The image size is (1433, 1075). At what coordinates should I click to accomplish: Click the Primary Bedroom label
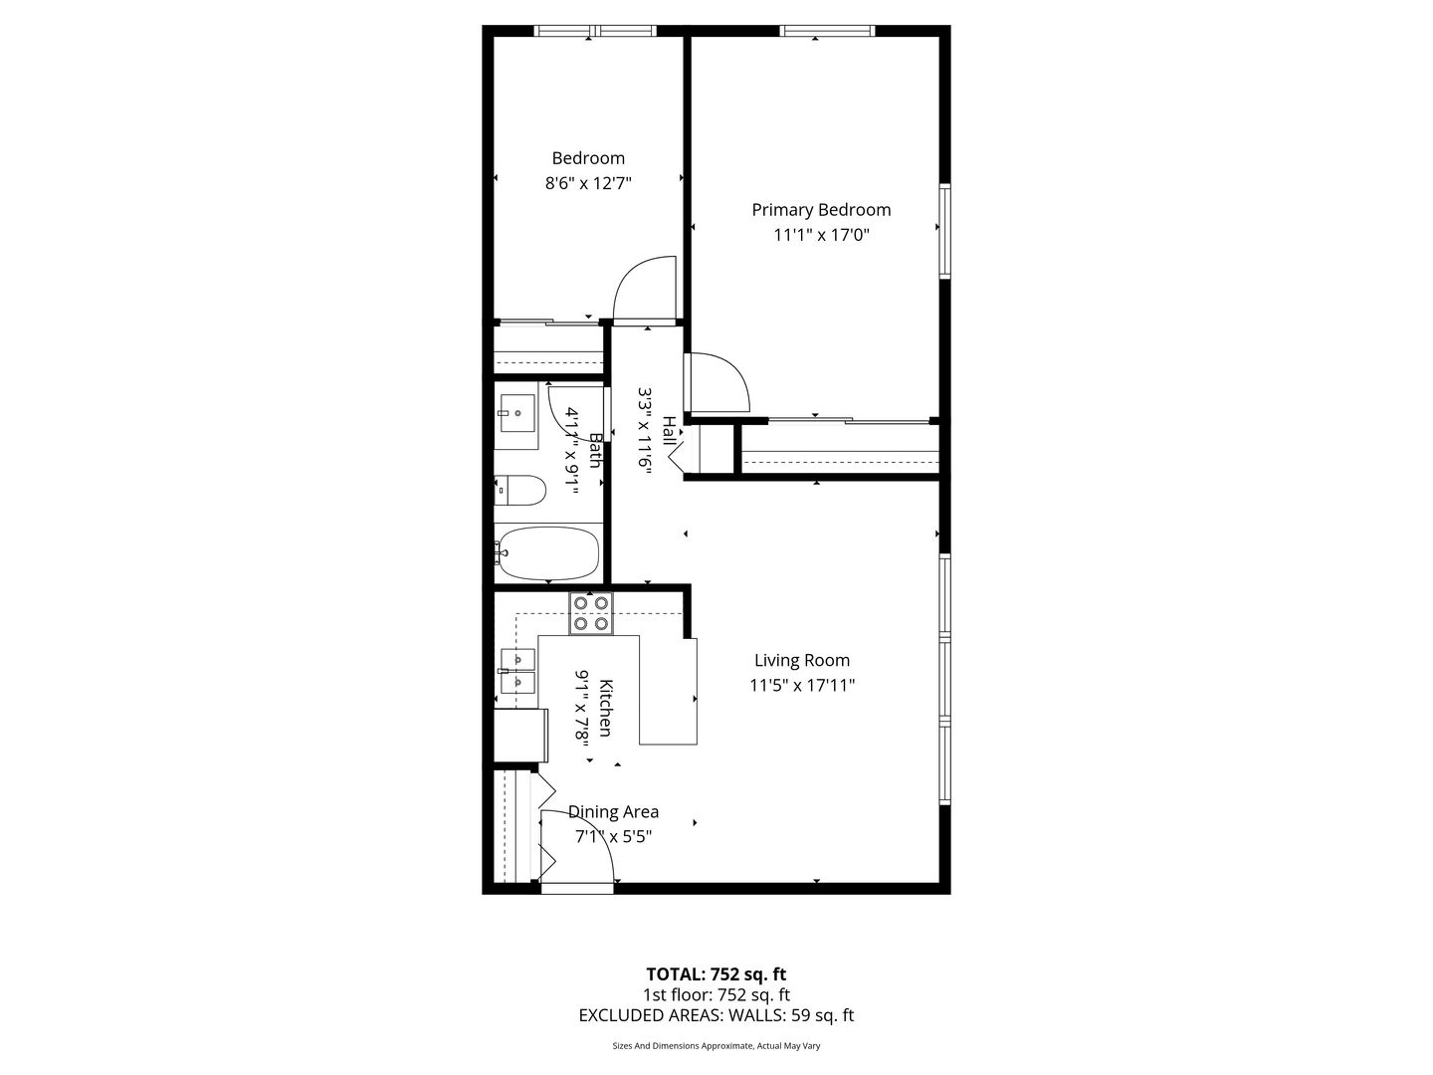click(x=821, y=210)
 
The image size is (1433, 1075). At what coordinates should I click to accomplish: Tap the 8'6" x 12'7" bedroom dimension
click(x=588, y=183)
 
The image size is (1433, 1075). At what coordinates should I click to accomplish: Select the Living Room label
click(x=802, y=661)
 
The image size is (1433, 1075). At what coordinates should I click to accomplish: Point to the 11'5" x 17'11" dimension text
click(x=802, y=686)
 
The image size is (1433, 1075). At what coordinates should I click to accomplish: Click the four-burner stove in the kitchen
click(x=591, y=613)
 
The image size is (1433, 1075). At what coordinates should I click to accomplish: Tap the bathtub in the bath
click(x=547, y=553)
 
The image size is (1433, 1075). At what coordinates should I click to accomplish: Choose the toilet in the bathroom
click(x=519, y=491)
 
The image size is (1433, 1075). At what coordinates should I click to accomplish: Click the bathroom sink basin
click(x=517, y=413)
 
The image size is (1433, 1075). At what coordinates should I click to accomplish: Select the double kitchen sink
click(x=517, y=671)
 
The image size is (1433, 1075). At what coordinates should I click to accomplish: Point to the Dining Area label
click(x=613, y=812)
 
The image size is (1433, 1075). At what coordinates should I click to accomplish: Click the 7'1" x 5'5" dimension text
click(x=613, y=837)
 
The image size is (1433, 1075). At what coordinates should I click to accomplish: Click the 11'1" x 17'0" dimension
click(x=821, y=235)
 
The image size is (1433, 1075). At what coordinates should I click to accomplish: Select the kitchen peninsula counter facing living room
click(x=668, y=693)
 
